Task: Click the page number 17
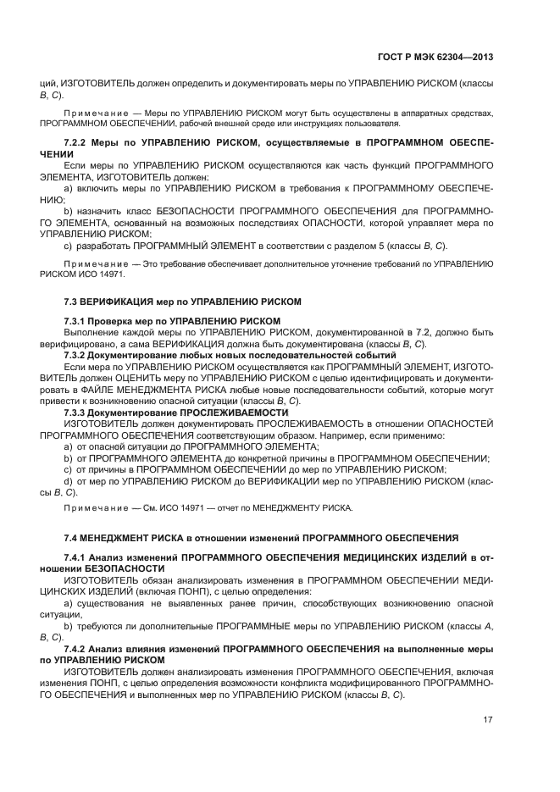click(488, 720)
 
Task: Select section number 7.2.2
click(78, 141)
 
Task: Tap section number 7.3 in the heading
click(72, 302)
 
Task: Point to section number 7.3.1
click(78, 322)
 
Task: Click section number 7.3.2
click(78, 353)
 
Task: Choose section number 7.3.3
click(78, 413)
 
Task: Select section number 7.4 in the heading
click(72, 537)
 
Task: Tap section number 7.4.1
click(78, 557)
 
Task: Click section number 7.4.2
click(78, 647)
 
